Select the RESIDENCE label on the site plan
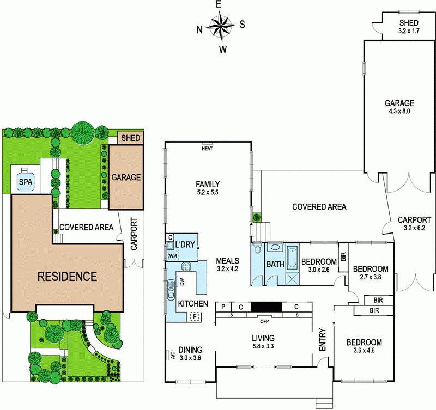(x=67, y=276)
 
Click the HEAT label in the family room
(x=207, y=148)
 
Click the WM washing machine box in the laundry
(x=173, y=256)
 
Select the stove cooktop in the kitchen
(x=187, y=267)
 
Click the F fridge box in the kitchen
(x=193, y=316)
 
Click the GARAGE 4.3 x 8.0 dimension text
(x=399, y=111)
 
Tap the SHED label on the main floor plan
(x=408, y=23)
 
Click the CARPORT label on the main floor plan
(x=414, y=220)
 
